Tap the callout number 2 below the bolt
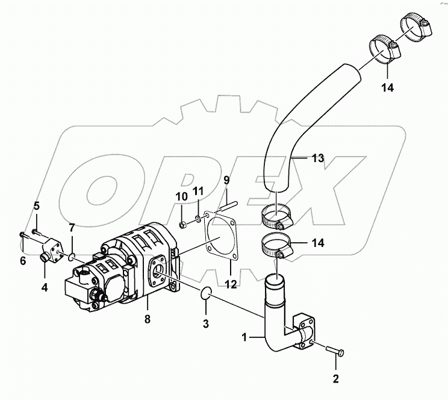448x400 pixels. [336, 379]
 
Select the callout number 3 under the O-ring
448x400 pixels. [205, 324]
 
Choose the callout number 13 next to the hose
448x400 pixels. [318, 158]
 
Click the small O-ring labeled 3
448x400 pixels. [206, 293]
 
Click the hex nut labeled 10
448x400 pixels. [182, 225]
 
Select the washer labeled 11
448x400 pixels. [198, 219]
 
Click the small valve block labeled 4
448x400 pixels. [52, 251]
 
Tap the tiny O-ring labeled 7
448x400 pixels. [71, 256]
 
